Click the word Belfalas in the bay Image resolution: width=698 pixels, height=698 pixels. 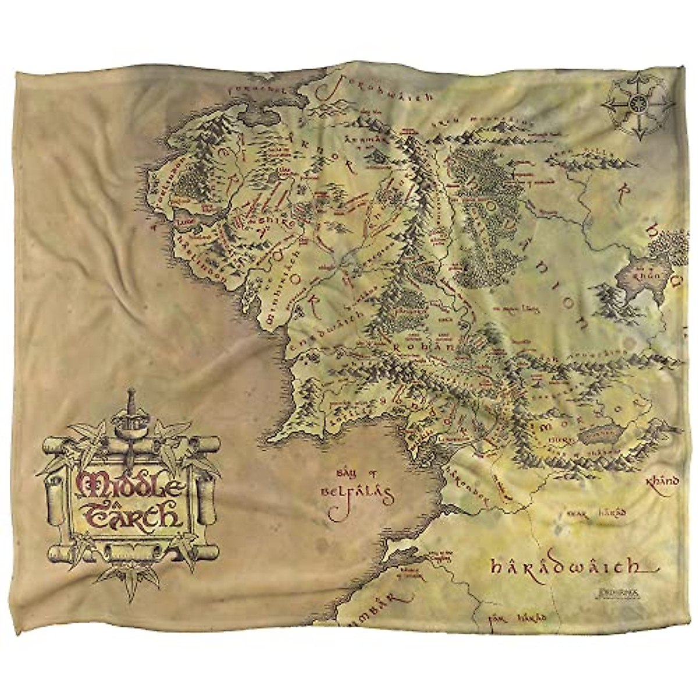coord(357,496)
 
